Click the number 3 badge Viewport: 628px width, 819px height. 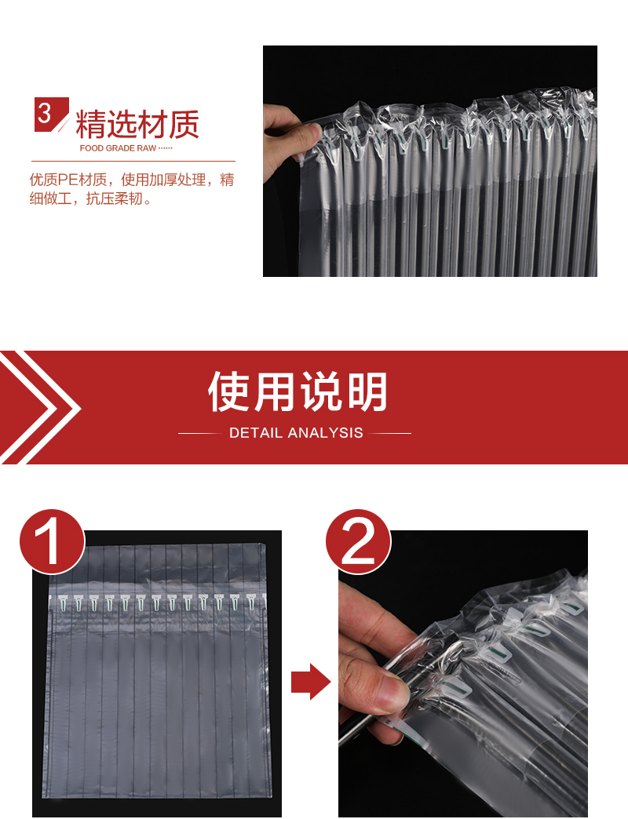tap(51, 114)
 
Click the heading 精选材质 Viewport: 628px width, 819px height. tap(137, 124)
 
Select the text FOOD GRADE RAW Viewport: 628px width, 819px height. tap(118, 148)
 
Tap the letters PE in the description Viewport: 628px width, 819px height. tap(68, 180)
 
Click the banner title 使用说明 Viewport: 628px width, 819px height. tap(298, 391)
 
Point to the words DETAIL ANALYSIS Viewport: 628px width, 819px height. tap(296, 433)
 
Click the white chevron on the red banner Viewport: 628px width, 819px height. tap(39, 407)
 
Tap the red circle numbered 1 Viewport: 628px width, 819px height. tap(52, 541)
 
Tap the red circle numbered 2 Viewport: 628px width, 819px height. tap(358, 541)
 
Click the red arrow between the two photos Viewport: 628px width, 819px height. tap(310, 682)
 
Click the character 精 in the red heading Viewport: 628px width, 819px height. tap(91, 124)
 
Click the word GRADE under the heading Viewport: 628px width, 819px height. tap(120, 148)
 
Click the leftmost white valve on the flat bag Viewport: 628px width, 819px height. tap(62, 602)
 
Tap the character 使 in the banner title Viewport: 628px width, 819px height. tap(228, 391)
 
